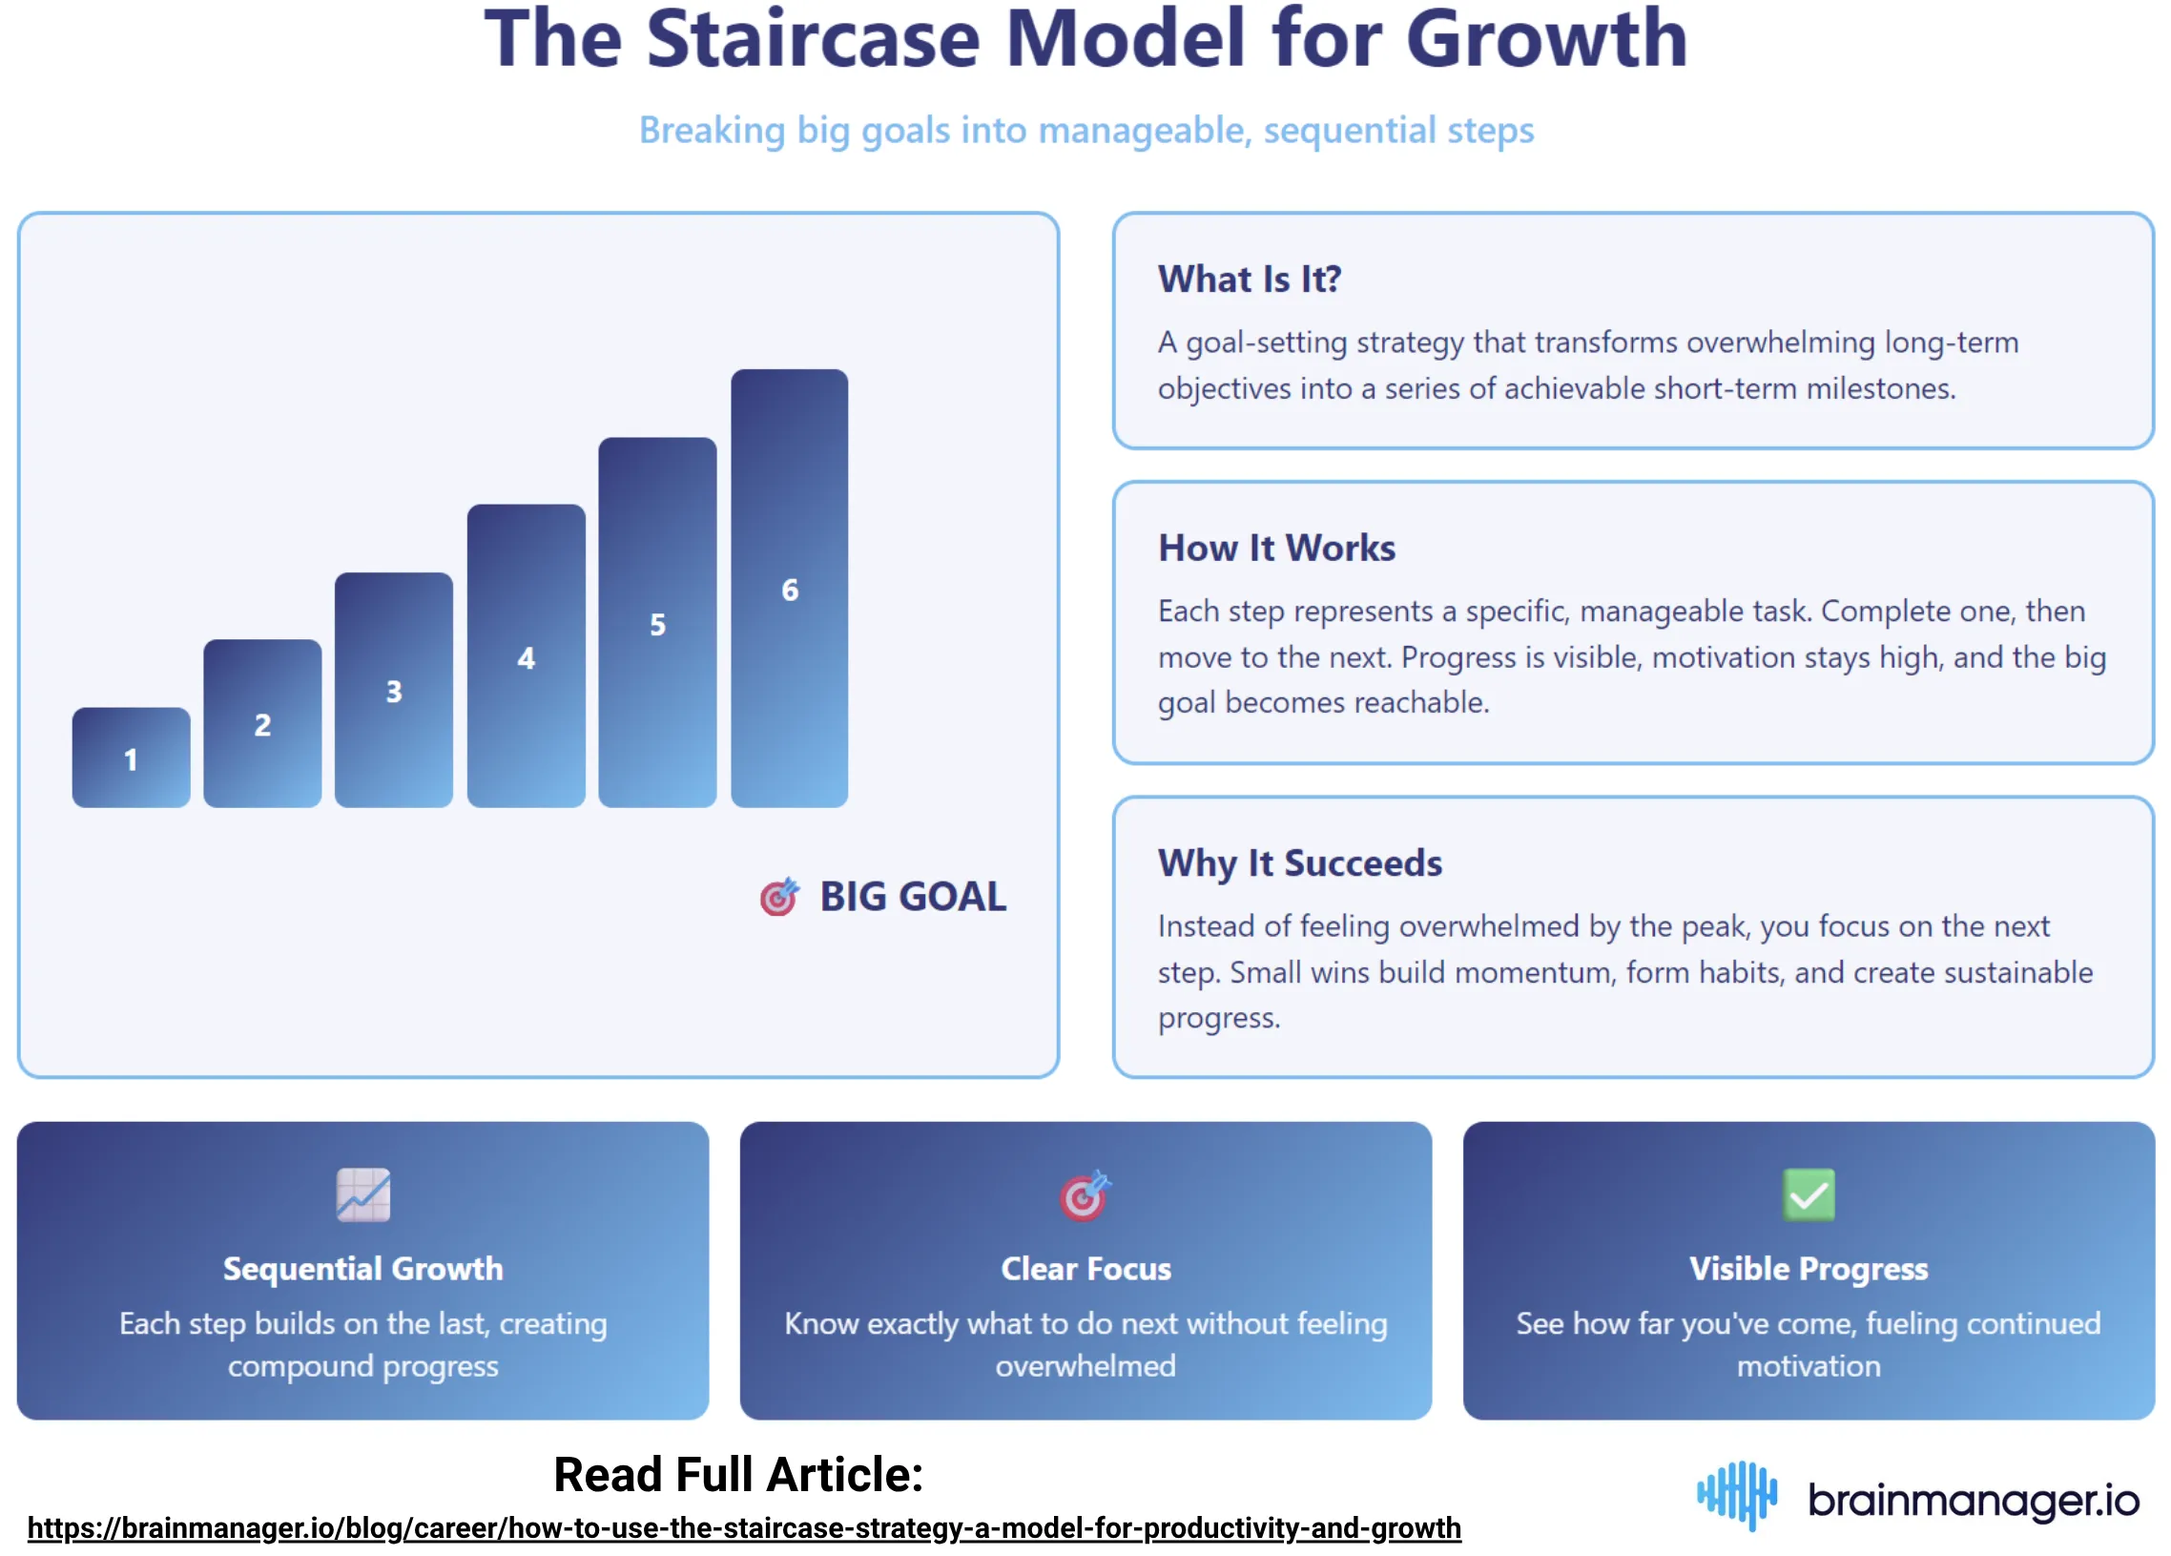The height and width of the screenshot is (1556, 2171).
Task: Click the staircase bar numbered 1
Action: click(131, 757)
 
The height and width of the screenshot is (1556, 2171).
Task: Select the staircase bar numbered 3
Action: click(393, 690)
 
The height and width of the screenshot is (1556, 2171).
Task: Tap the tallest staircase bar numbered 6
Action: click(789, 588)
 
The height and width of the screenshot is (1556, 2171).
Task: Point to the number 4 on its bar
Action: click(526, 658)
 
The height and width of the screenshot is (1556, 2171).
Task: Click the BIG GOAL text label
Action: click(912, 896)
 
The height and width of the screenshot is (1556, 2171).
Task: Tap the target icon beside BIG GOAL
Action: click(778, 896)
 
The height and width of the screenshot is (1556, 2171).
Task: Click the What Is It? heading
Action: click(1250, 280)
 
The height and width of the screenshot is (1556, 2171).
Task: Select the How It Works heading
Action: click(1276, 548)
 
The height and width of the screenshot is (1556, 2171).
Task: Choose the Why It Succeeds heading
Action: click(1299, 862)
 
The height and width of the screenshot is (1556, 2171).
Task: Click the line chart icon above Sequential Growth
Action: click(362, 1194)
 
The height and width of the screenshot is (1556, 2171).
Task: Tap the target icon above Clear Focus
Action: click(1084, 1195)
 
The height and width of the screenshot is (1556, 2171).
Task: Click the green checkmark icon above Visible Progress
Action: click(1809, 1194)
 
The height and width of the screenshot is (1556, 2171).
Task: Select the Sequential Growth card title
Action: click(362, 1268)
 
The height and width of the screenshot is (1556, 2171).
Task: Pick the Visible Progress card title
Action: click(1809, 1268)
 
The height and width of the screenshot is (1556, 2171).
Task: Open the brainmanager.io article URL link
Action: click(744, 1527)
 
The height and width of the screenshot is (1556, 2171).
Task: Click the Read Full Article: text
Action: click(738, 1474)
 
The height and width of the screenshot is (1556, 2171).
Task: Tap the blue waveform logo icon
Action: click(1736, 1495)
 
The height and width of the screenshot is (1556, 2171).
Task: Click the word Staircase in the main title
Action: click(814, 40)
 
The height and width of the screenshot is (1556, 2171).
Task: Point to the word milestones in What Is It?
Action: click(1880, 388)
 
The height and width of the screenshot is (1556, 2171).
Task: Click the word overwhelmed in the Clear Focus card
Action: click(1085, 1365)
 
